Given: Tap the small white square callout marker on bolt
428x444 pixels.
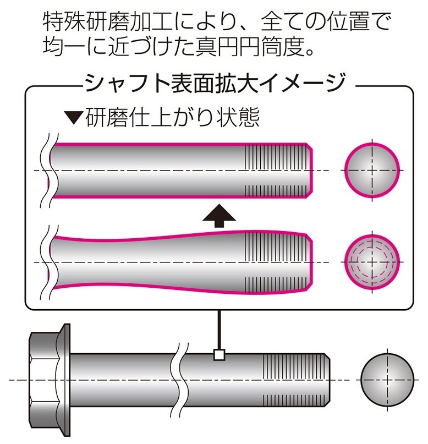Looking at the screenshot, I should (219, 355).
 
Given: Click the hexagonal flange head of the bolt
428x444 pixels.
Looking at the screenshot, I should (49, 379).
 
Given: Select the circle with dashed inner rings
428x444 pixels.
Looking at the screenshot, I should (371, 261).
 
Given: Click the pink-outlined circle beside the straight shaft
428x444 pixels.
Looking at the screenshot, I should (371, 169).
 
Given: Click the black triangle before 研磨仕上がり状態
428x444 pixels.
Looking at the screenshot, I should (73, 118).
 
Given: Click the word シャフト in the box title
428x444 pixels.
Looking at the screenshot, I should (116, 84).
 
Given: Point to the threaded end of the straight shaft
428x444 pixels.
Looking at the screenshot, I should (278, 169).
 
